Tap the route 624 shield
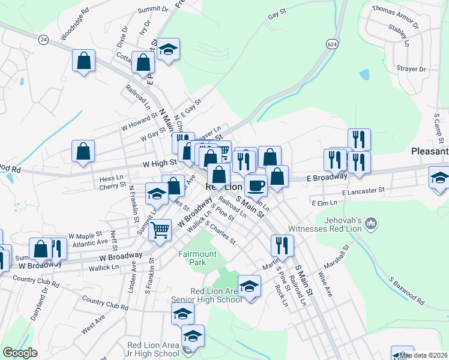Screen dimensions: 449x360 coord(331,44)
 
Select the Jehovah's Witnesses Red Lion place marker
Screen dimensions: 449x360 coord(371,225)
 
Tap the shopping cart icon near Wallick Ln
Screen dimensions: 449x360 coord(160,229)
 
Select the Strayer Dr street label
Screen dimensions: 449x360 coord(411,70)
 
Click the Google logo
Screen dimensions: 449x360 coord(20,353)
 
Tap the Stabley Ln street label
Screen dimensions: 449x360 coord(398,35)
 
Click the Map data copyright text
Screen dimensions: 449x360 coord(424,355)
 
